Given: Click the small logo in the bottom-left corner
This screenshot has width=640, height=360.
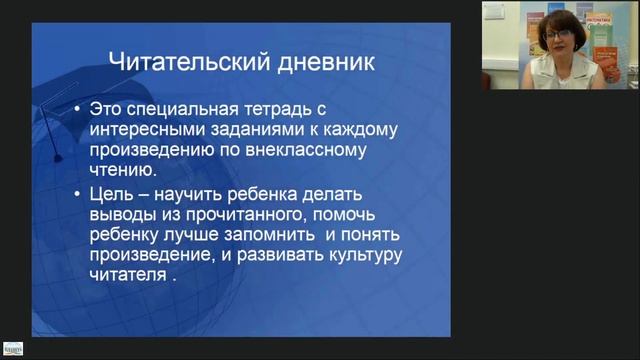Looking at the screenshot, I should pos(12,348).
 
